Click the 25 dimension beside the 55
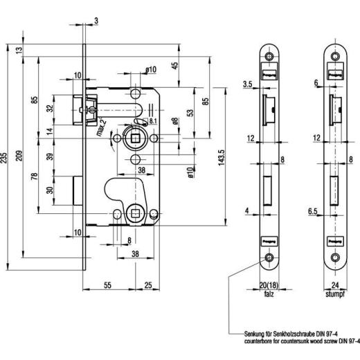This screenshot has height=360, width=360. [148, 285]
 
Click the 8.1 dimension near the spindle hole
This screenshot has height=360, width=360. [152, 121]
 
